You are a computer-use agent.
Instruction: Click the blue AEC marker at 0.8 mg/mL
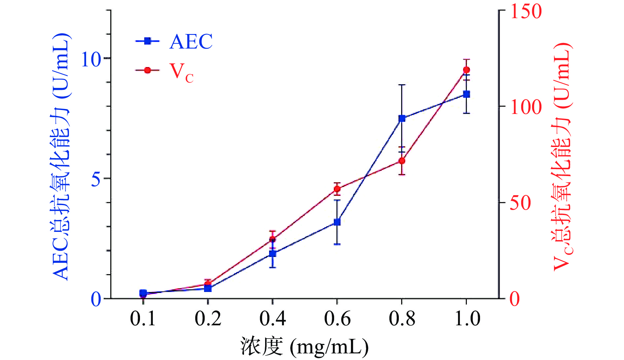click(402, 118)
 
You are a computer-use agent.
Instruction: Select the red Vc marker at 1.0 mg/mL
click(467, 70)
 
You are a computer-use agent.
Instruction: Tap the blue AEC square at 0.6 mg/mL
click(337, 222)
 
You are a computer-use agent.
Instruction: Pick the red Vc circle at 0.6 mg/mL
click(337, 189)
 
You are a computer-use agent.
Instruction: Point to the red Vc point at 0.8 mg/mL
click(402, 161)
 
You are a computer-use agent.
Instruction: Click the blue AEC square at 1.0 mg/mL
click(467, 94)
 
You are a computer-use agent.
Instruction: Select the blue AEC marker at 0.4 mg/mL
click(272, 254)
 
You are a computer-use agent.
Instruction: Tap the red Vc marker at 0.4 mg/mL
click(272, 239)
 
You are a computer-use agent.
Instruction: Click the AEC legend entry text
click(191, 42)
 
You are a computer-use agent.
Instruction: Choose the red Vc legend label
click(181, 72)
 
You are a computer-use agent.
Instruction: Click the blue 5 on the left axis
click(96, 179)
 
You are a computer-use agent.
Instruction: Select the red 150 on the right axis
click(526, 12)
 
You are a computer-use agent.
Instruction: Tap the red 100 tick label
click(526, 107)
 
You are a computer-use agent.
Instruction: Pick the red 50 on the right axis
click(520, 203)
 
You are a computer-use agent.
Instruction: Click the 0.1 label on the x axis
click(143, 319)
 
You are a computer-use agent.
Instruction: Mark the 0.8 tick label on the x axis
click(402, 319)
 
